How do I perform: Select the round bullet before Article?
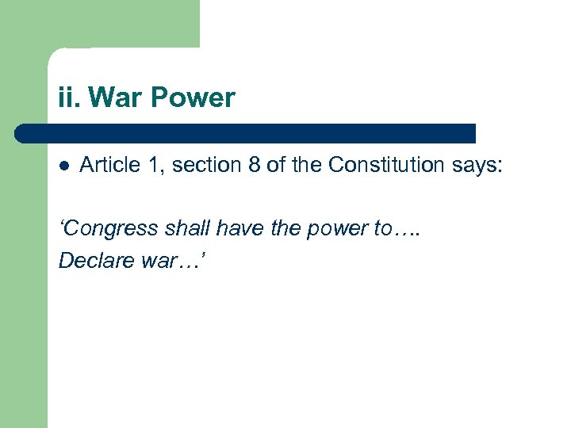[64, 166]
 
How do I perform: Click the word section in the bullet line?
[198, 165]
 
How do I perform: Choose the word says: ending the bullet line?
[477, 165]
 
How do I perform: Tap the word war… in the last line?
[171, 261]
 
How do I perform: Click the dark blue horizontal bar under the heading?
[246, 133]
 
